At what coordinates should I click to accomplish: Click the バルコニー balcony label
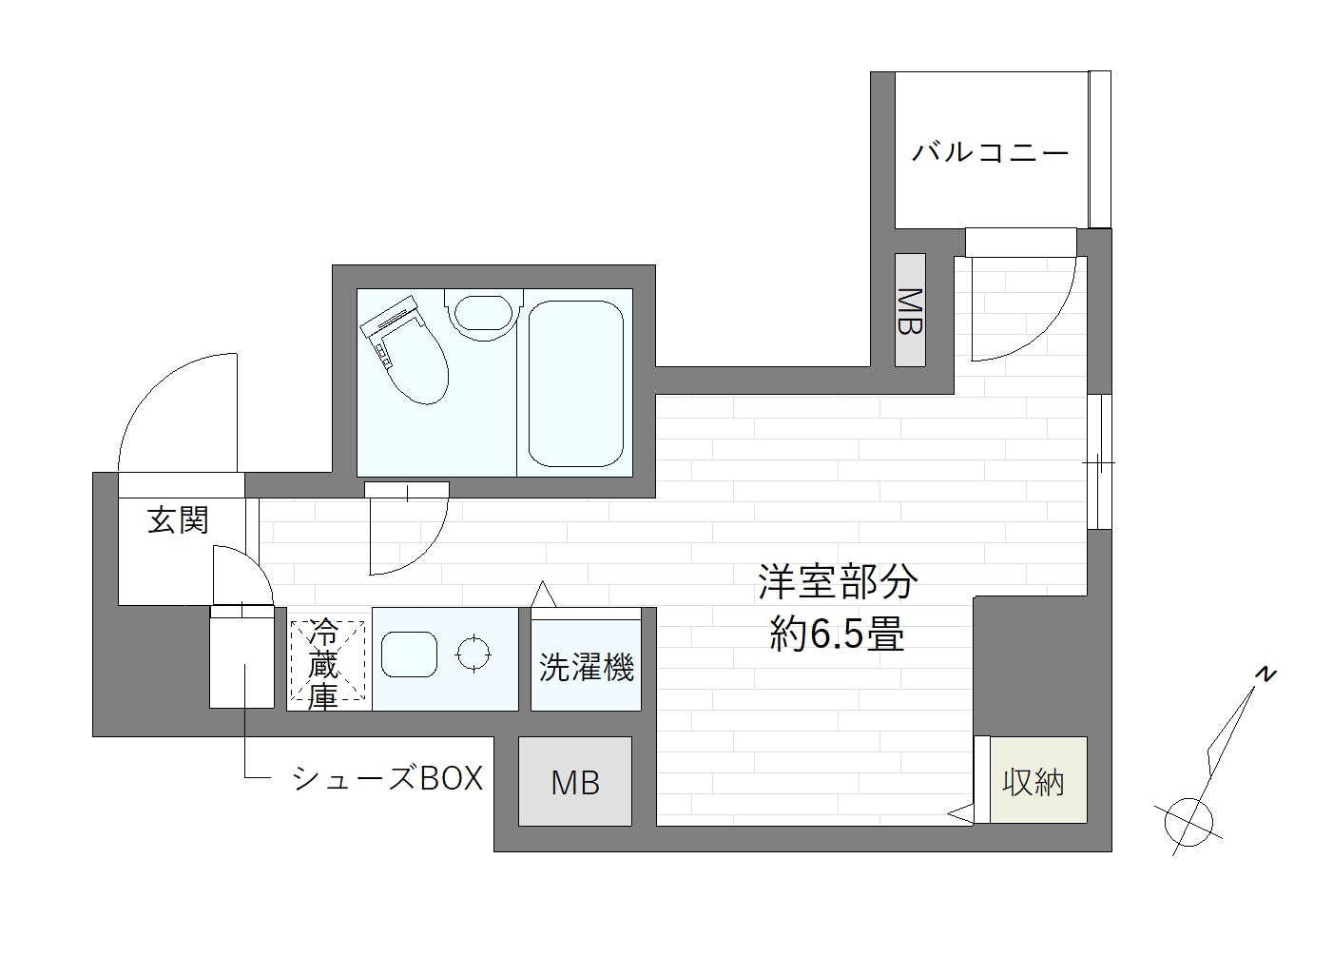click(990, 152)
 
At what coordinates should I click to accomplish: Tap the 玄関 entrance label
click(178, 520)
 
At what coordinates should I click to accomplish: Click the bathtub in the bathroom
click(575, 383)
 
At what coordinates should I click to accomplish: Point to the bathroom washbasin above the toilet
click(483, 313)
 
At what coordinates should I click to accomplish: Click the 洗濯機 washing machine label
click(586, 667)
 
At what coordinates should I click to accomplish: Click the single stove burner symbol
click(473, 654)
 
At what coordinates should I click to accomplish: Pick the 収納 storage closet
click(1033, 782)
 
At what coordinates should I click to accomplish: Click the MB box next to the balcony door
click(910, 310)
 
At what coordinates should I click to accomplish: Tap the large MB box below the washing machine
click(575, 782)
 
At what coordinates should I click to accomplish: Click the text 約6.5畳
click(836, 634)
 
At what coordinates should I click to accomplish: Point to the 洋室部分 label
click(837, 582)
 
